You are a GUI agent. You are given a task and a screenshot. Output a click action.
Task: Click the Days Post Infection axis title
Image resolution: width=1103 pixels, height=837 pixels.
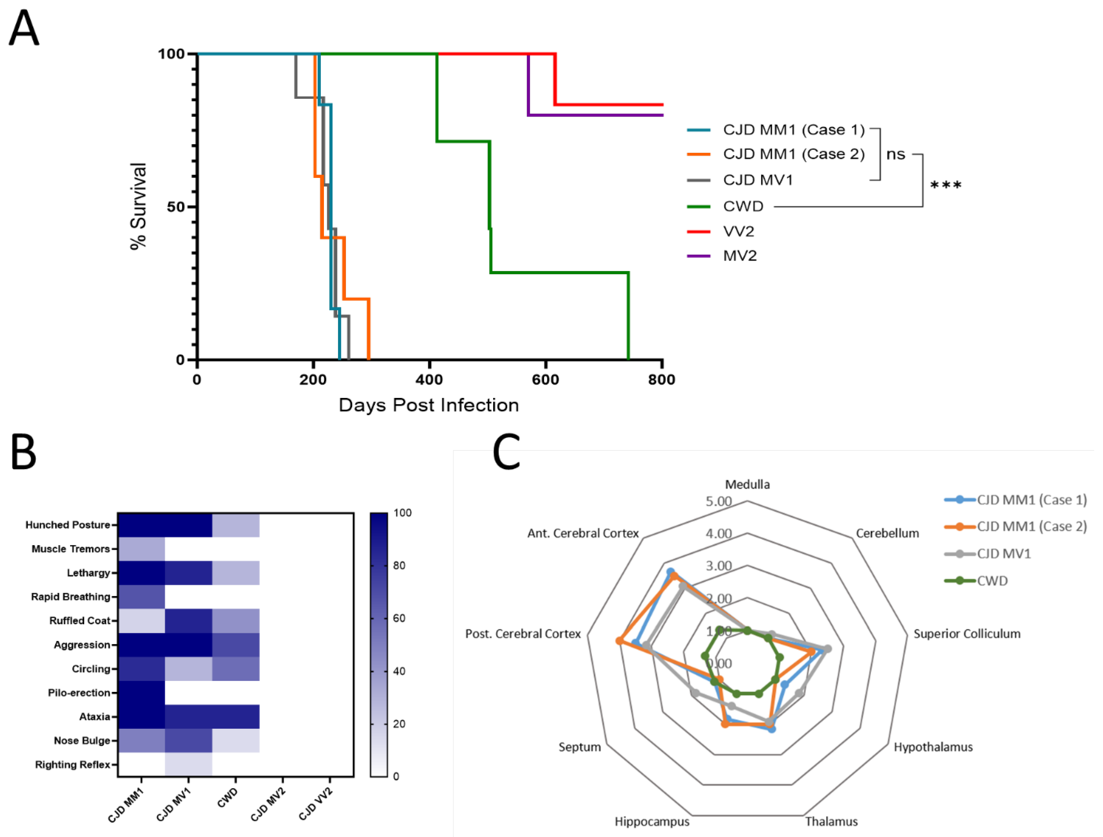pos(428,405)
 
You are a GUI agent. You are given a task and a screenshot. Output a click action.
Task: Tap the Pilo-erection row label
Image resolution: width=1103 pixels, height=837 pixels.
pos(79,693)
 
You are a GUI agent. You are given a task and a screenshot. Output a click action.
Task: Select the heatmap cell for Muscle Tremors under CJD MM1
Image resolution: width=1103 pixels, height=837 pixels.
pos(142,549)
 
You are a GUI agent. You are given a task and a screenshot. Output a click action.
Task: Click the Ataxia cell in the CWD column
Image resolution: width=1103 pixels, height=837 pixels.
pos(236,717)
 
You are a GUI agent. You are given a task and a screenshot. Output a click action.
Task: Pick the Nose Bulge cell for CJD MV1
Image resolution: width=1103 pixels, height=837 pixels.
pos(188,741)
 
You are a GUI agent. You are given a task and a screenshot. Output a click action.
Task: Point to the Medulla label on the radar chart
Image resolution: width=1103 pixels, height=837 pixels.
pos(747,484)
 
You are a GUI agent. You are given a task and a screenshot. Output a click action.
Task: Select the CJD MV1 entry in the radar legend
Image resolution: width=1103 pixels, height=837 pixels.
pos(1003,554)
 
